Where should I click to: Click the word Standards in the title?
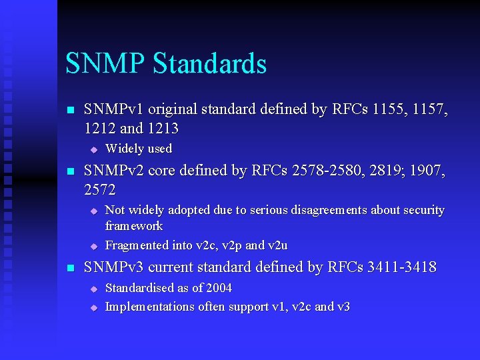209,64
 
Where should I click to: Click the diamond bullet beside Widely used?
94,149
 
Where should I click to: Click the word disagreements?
327,210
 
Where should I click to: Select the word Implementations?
150,307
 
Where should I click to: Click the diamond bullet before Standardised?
94,289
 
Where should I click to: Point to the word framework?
134,226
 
